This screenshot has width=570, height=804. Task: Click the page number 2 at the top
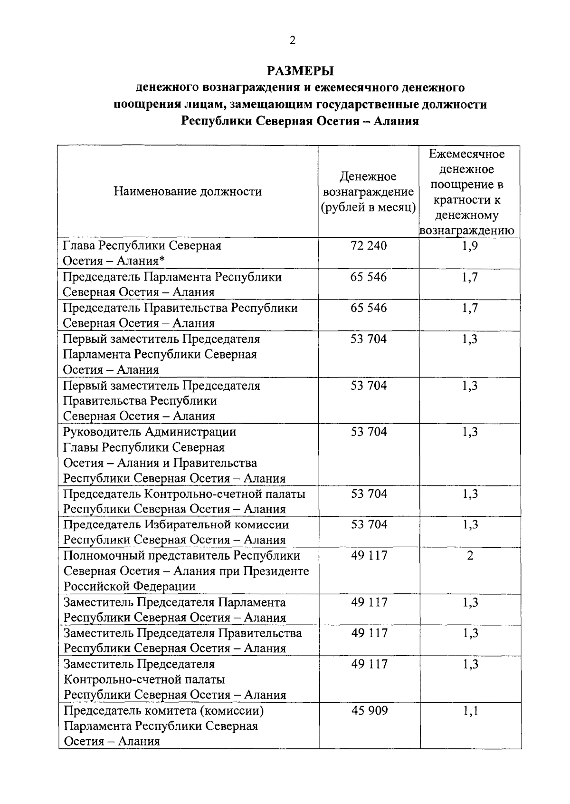tap(292, 41)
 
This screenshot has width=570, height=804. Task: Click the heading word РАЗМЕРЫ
tap(300, 71)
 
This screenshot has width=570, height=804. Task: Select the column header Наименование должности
tap(188, 192)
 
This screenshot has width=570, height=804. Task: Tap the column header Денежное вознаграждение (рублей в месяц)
tap(368, 192)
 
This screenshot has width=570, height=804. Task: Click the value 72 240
tap(369, 246)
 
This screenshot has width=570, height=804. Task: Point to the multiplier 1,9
tap(470, 246)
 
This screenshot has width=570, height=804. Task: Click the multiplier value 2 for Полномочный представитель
tap(470, 555)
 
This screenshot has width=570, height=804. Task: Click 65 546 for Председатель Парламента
tap(369, 277)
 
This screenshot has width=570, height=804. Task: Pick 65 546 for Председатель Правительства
tap(369, 308)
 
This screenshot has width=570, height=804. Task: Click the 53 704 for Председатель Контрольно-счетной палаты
tap(369, 494)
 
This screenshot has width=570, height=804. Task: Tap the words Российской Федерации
tap(129, 586)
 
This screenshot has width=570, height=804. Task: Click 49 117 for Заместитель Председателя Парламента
tap(369, 602)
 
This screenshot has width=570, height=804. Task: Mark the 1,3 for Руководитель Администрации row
tap(470, 432)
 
